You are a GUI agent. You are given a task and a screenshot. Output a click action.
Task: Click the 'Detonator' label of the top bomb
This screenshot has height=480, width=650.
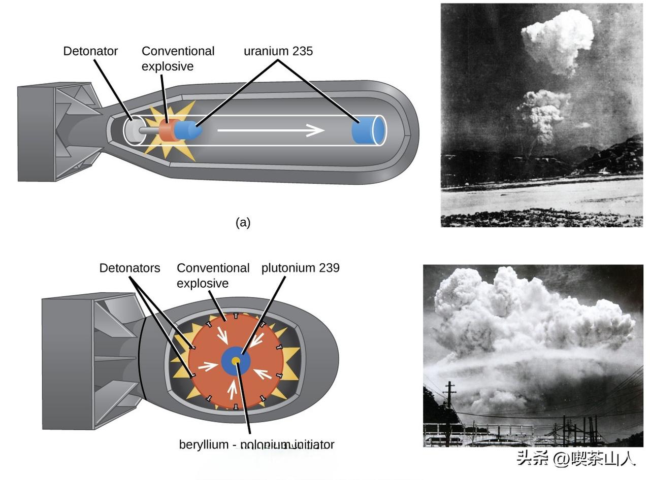coord(90,51)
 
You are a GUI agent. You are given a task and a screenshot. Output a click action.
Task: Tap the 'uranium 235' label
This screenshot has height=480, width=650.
coord(278,51)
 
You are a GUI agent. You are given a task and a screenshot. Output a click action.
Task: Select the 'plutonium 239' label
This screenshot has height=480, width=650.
coord(300,268)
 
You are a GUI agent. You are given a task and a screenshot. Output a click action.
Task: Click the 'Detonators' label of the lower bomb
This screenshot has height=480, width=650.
coord(129,268)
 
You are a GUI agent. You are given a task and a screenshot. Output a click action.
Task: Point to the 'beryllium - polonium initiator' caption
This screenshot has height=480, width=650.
coord(256,445)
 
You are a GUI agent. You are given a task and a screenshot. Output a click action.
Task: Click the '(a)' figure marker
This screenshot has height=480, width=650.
coord(243,222)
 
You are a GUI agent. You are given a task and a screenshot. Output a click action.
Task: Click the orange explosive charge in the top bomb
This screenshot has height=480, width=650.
coord(166,130)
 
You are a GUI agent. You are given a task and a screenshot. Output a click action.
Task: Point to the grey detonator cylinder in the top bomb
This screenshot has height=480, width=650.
coord(134,130)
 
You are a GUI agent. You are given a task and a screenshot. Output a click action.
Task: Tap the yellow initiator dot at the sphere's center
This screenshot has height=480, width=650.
coord(236,361)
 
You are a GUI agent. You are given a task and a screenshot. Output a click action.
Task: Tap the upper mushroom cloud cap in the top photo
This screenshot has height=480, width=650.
coord(559,38)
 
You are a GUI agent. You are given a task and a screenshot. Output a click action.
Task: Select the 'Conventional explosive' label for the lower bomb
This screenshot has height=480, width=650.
coord(213,275)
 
